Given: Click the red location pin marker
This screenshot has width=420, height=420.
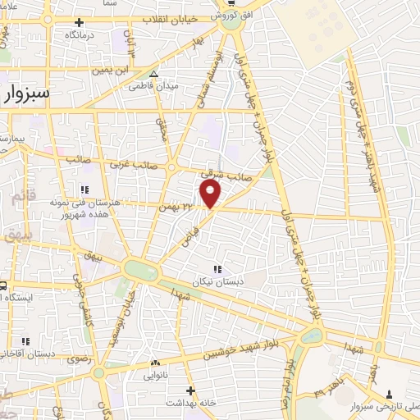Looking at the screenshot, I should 211,194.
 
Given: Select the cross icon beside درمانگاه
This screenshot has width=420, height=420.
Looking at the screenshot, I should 78,22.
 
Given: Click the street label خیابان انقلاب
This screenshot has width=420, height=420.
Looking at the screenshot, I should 168,17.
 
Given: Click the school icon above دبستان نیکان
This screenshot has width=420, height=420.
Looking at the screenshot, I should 217,268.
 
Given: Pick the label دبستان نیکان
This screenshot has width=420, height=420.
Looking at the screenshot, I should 217,281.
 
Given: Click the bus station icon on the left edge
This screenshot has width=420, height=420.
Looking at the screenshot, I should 3,287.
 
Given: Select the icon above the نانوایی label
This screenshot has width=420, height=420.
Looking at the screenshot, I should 155,362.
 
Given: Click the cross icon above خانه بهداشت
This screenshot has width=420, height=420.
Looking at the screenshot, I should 190,390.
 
